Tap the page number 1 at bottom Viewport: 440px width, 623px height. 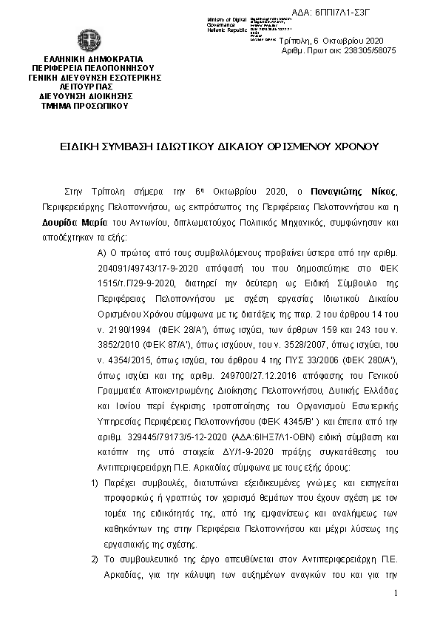[396, 593]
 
